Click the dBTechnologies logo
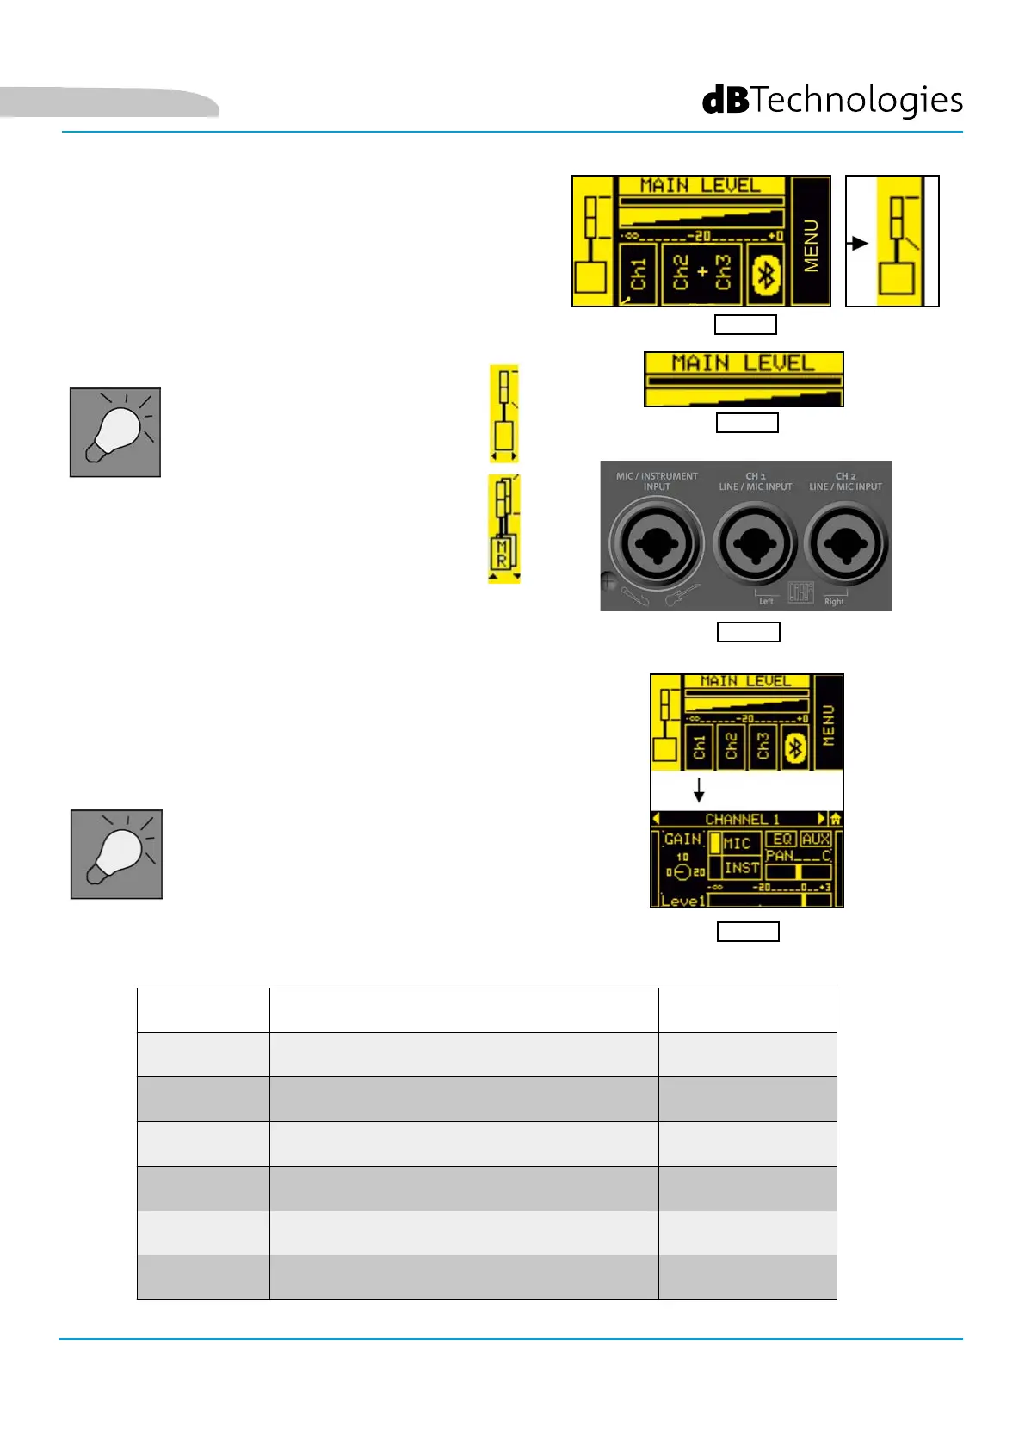832,101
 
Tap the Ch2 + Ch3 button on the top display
701,272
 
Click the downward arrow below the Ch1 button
699,790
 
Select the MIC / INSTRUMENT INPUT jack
657,544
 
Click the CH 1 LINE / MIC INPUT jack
755,544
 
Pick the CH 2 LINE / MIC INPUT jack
845,544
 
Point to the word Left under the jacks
766,601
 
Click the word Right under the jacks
834,601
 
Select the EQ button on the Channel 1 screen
781,839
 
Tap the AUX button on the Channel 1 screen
815,839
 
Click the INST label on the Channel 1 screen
741,868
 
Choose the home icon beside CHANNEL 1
835,819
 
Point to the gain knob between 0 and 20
682,872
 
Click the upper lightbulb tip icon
115,432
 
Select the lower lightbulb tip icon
116,854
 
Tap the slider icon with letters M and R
503,529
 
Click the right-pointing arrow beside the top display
857,243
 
